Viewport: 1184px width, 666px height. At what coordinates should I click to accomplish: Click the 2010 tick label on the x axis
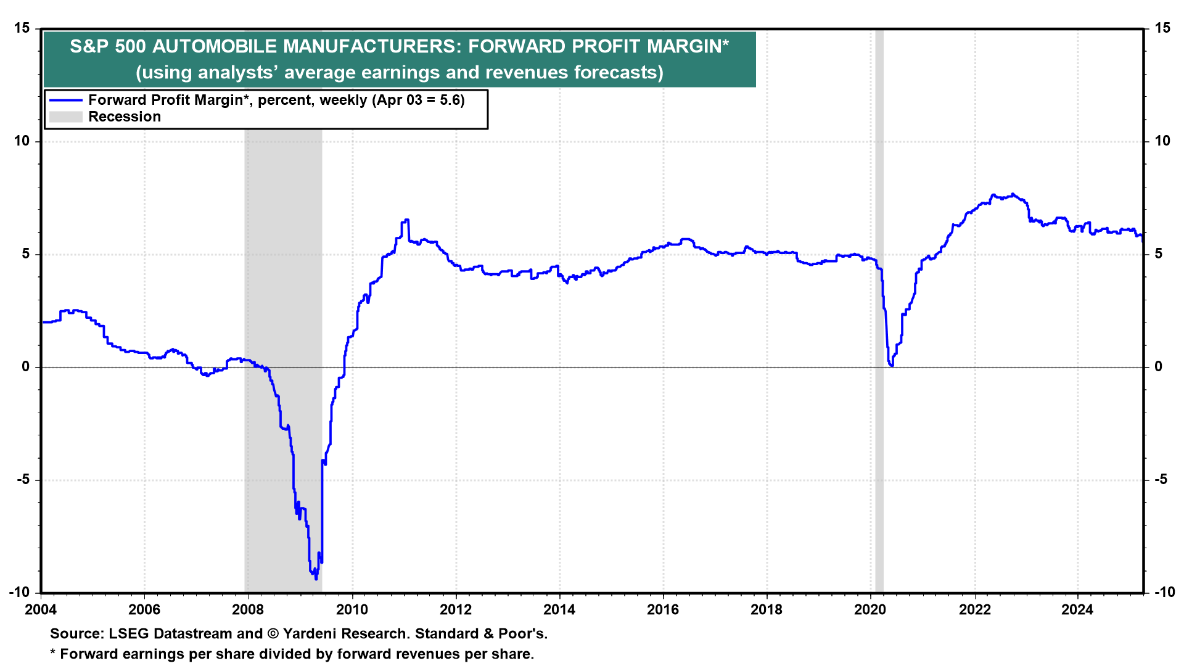pyautogui.click(x=351, y=610)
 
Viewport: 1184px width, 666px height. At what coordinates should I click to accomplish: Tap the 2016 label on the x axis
pyautogui.click(x=663, y=610)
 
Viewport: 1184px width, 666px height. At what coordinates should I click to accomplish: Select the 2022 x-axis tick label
pyautogui.click(x=974, y=610)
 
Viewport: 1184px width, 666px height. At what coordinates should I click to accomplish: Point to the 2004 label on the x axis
pyautogui.click(x=41, y=610)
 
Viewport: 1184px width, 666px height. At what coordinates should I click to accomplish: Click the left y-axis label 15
pyautogui.click(x=22, y=28)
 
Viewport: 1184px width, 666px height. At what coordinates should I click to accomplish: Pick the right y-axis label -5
pyautogui.click(x=1161, y=480)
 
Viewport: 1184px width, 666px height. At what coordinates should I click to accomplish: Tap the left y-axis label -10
pyautogui.click(x=20, y=593)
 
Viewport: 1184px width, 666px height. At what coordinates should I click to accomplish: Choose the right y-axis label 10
pyautogui.click(x=1162, y=141)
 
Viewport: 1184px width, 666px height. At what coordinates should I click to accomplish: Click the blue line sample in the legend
pyautogui.click(x=65, y=101)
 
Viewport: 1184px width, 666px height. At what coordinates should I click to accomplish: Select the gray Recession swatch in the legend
pyautogui.click(x=65, y=117)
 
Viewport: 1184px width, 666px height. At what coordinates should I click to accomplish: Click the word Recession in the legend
pyautogui.click(x=125, y=117)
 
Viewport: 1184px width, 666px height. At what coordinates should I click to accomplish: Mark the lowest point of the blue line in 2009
pyautogui.click(x=316, y=578)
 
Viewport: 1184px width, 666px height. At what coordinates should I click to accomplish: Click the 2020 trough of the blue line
pyautogui.click(x=892, y=366)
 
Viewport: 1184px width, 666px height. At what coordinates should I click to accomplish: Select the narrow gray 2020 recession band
pyautogui.click(x=879, y=308)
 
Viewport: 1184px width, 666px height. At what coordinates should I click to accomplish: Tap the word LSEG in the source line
pyautogui.click(x=128, y=634)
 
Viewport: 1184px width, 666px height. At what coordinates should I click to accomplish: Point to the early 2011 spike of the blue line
pyautogui.click(x=406, y=220)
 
